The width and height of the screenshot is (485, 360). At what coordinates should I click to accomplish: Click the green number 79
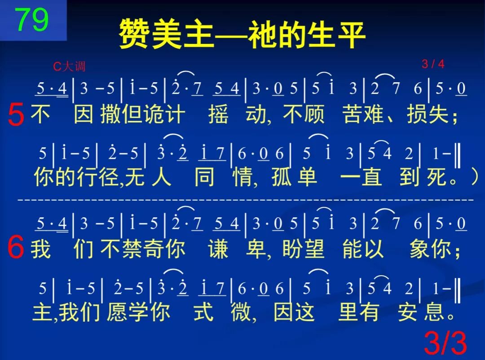pyautogui.click(x=32, y=20)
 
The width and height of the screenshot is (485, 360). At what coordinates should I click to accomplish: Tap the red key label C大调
pyautogui.click(x=69, y=66)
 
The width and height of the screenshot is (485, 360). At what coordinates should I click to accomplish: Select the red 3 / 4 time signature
pyautogui.click(x=433, y=64)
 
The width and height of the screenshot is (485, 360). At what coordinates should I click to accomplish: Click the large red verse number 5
pyautogui.click(x=16, y=115)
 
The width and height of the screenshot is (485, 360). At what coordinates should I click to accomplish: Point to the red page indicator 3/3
pyautogui.click(x=445, y=343)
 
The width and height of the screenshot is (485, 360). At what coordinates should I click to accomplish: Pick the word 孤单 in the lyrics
pyautogui.click(x=295, y=177)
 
